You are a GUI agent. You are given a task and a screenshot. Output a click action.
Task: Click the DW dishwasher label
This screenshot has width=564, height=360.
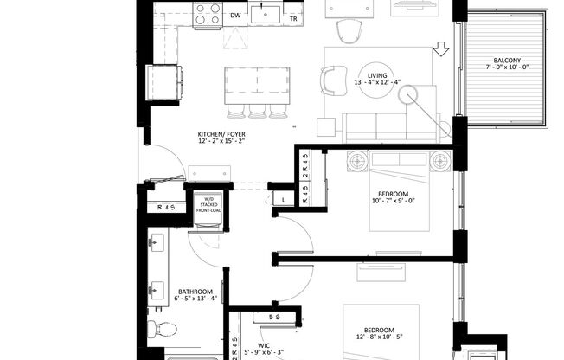[235, 15]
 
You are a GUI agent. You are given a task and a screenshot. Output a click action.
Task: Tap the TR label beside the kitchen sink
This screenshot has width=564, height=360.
[294, 17]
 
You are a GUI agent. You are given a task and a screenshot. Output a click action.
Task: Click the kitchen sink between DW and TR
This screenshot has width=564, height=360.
[265, 14]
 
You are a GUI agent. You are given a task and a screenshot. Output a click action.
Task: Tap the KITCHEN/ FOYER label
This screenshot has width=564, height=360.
[221, 134]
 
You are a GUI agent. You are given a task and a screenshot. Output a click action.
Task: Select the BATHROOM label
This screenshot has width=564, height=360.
[195, 291]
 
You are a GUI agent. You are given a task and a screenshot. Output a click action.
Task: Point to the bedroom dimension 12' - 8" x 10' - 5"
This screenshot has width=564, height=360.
[381, 339]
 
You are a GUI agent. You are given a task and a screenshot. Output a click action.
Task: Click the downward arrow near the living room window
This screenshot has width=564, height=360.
[441, 49]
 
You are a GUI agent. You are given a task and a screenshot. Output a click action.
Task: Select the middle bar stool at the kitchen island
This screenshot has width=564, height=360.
[256, 110]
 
